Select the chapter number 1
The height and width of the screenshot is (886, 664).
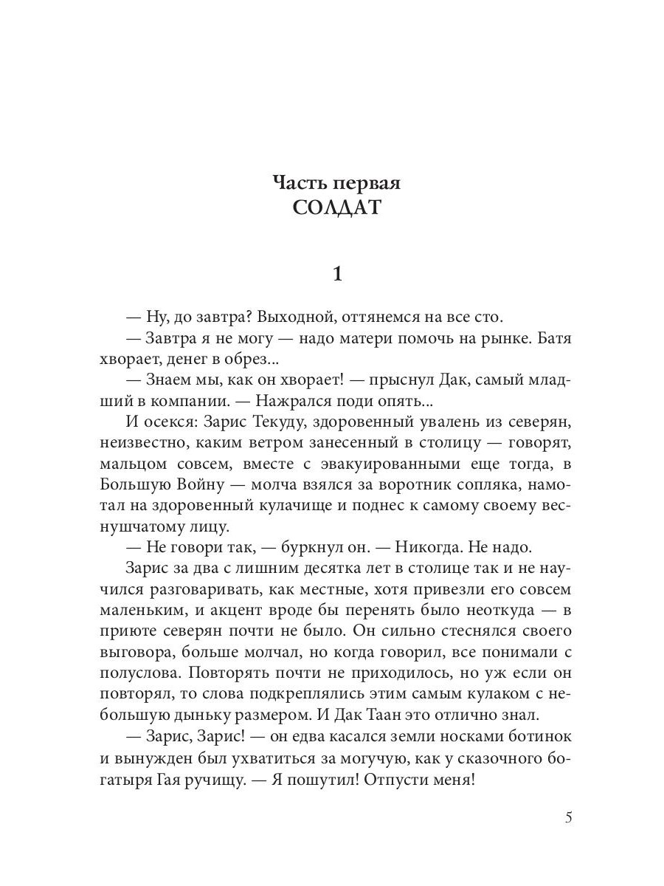click(x=337, y=274)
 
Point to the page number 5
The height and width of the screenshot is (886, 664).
click(x=568, y=818)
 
